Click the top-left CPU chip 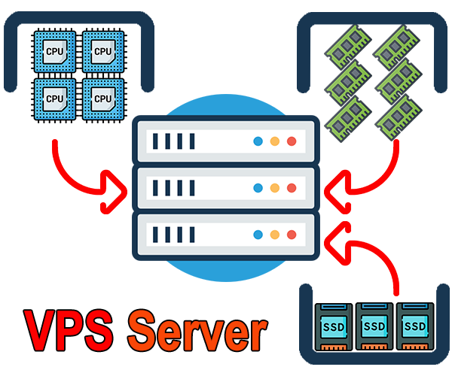(54, 52)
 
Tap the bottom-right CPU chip (103, 99)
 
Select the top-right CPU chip (103, 52)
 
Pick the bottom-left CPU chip (54, 99)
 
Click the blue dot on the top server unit (258, 141)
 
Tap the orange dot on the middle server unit (275, 188)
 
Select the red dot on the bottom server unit (292, 235)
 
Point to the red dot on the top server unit (292, 141)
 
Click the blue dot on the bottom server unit (258, 235)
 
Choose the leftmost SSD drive (334, 327)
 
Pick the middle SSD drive (374, 327)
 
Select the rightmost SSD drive (415, 327)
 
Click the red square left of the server (90, 177)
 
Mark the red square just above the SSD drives (362, 258)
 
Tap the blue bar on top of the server (226, 105)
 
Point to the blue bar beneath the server (226, 271)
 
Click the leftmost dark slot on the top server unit (156, 141)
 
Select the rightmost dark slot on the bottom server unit (192, 235)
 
